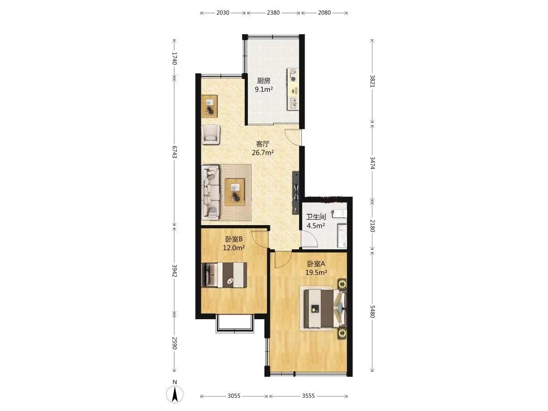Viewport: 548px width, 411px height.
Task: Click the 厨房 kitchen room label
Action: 263,81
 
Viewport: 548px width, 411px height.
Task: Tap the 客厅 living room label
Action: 263,144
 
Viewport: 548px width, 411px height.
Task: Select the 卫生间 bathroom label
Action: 316,217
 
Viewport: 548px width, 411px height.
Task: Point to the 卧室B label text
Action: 234,239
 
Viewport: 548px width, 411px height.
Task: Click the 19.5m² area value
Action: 316,273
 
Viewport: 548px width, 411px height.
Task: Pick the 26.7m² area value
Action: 263,153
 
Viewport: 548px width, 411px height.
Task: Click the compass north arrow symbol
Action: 175,395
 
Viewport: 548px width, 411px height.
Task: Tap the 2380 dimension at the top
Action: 273,12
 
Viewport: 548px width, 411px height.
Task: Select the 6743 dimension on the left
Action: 174,152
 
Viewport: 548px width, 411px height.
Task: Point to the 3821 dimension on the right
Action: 372,81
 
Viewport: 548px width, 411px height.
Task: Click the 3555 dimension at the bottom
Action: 308,395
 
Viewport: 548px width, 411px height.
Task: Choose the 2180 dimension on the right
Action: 372,226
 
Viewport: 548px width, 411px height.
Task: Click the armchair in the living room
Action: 211,134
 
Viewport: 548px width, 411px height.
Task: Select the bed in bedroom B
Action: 224,275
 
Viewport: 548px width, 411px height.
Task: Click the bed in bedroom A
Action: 325,308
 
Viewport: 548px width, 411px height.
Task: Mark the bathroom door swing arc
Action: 309,240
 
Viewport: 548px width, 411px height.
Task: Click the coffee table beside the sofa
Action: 235,192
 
